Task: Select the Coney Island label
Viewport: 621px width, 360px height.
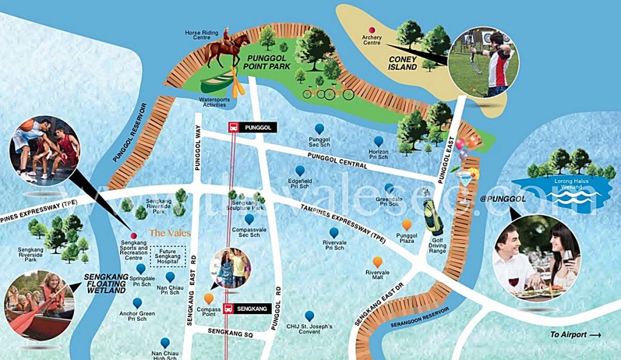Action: click(x=403, y=63)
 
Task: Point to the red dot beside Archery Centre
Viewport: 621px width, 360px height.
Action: click(x=372, y=30)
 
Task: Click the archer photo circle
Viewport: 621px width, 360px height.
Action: click(x=484, y=62)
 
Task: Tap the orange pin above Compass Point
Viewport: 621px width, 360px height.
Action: click(x=209, y=298)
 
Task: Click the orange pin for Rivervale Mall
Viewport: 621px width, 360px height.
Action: click(x=377, y=261)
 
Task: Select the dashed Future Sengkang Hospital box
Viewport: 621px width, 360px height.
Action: click(x=167, y=256)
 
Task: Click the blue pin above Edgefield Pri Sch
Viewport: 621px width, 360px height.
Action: click(x=300, y=171)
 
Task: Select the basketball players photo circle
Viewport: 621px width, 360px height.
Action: click(x=45, y=150)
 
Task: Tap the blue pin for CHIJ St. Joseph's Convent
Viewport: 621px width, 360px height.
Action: click(x=309, y=315)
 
